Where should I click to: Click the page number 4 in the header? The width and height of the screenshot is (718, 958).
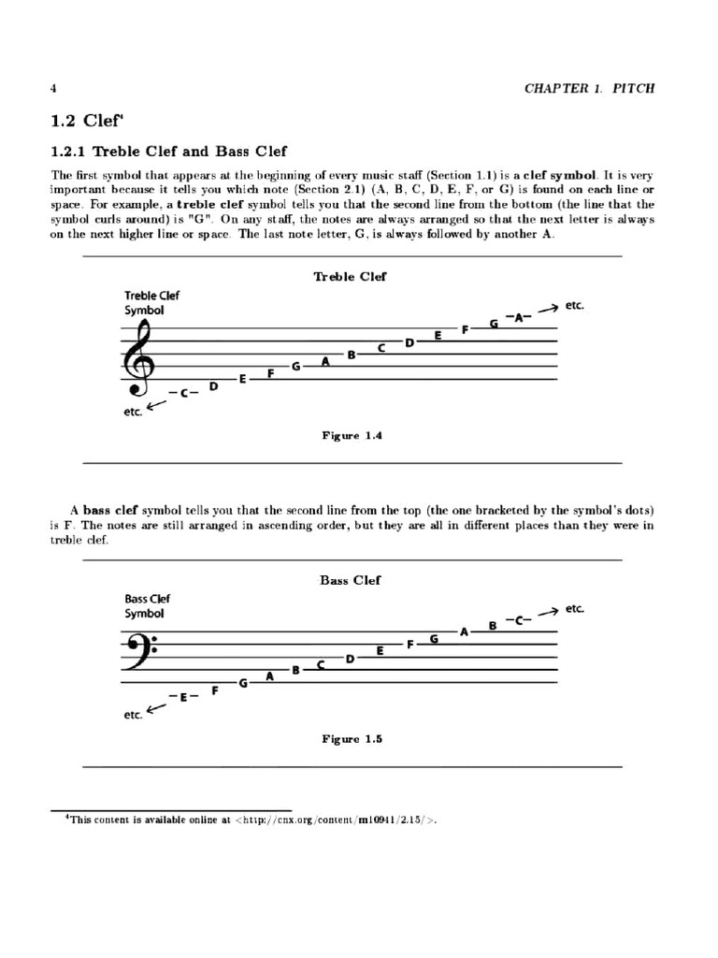click(x=53, y=89)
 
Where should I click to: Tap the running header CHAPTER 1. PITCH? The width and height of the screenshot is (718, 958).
click(x=589, y=89)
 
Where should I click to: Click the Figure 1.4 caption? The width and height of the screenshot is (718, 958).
click(x=352, y=436)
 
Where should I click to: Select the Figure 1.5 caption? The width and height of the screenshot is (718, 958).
click(x=352, y=739)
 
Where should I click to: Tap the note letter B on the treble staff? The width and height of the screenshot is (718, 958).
click(x=352, y=355)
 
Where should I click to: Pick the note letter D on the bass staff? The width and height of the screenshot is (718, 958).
click(x=350, y=659)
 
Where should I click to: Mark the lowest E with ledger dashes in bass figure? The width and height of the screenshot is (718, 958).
click(x=183, y=697)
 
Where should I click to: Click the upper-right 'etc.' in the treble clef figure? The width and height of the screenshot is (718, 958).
click(x=574, y=306)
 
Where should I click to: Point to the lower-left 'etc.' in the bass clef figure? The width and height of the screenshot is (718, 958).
click(x=133, y=716)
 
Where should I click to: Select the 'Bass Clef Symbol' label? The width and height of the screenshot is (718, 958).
click(x=147, y=606)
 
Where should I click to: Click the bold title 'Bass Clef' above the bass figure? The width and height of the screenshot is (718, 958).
click(x=351, y=580)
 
